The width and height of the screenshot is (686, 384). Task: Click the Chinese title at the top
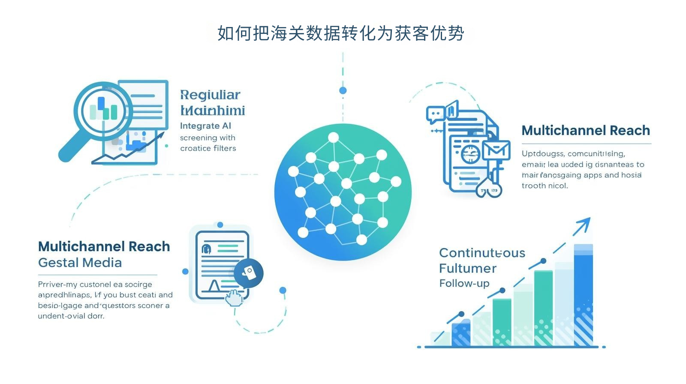point(341,33)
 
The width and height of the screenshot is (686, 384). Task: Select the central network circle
point(343,192)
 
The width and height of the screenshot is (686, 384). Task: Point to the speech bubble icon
point(436,114)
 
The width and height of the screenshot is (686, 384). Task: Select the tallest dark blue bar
point(583,296)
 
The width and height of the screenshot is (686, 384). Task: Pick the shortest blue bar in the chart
point(461,334)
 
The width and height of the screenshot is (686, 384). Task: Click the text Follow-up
point(464,283)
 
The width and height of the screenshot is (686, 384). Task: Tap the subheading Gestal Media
point(80,263)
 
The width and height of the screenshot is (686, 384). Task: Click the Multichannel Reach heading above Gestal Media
point(104,246)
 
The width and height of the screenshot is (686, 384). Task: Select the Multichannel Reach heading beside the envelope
point(586,130)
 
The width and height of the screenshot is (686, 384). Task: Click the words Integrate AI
point(205,126)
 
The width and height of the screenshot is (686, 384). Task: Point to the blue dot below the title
point(343,90)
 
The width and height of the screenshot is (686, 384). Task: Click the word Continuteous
point(482,253)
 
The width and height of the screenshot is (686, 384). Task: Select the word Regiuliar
point(210,95)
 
